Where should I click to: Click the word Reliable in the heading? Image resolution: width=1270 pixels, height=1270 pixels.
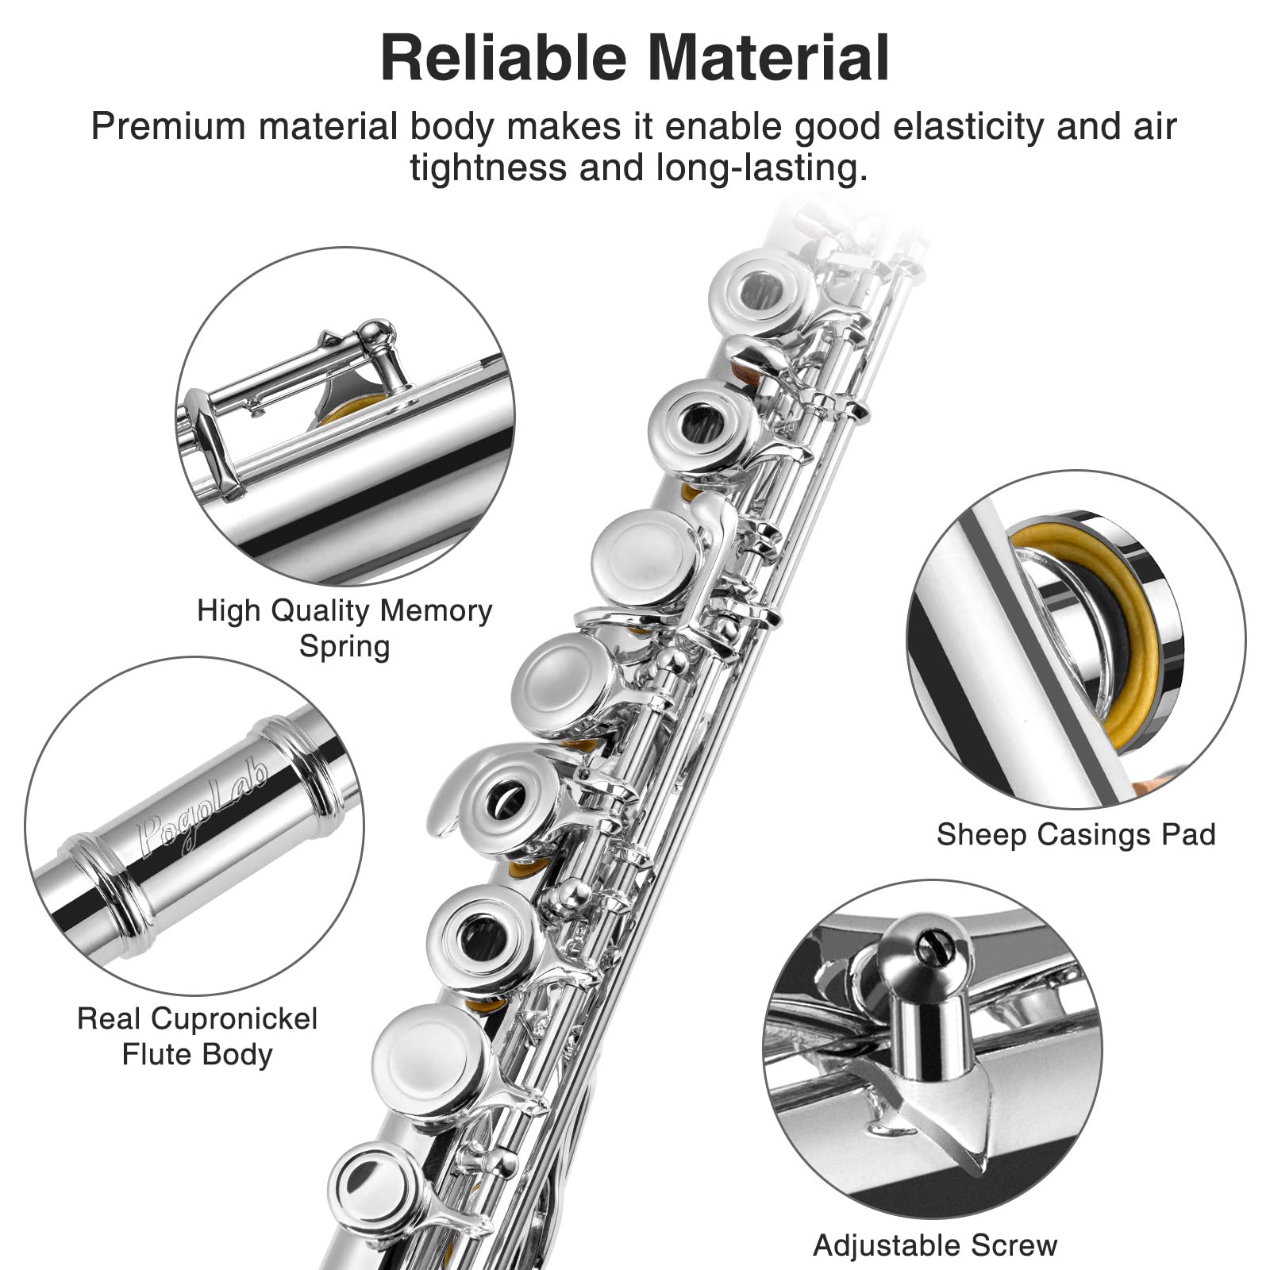pyautogui.click(x=507, y=57)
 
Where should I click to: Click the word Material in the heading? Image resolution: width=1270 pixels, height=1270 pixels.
pyautogui.click(x=769, y=57)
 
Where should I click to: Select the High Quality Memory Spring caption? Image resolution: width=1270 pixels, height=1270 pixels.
pyautogui.click(x=344, y=628)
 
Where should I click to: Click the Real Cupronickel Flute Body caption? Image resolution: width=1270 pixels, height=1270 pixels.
pyautogui.click(x=197, y=1036)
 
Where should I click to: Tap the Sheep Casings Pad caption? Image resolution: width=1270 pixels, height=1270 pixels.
pyautogui.click(x=1076, y=834)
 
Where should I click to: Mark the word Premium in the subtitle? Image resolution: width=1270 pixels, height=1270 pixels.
pyautogui.click(x=168, y=127)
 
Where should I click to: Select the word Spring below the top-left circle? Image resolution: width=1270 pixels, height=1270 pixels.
pyautogui.click(x=344, y=646)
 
